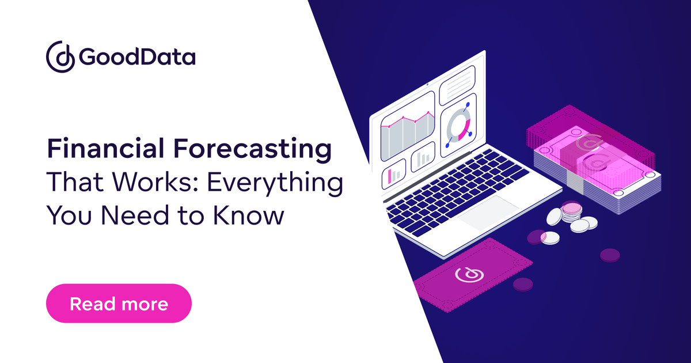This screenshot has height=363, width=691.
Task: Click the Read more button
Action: coord(118,303)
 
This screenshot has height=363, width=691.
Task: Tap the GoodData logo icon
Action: coord(60,55)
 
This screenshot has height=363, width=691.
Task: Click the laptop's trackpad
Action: coord(488,214)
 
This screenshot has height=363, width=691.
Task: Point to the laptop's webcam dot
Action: coord(428,84)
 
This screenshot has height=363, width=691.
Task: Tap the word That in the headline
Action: coord(73,183)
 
